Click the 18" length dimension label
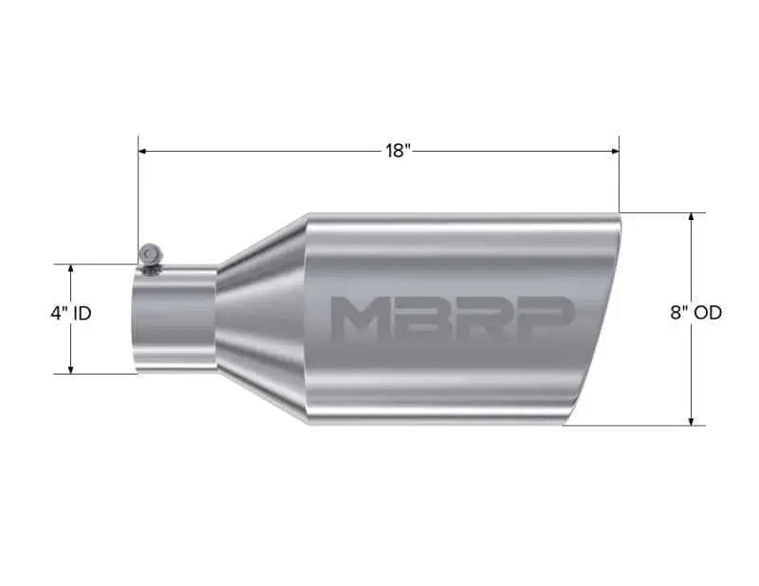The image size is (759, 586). point(398,151)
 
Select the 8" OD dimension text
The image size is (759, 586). point(695,313)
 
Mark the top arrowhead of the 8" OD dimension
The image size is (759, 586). point(692,218)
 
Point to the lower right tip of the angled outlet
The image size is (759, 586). point(565,423)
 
